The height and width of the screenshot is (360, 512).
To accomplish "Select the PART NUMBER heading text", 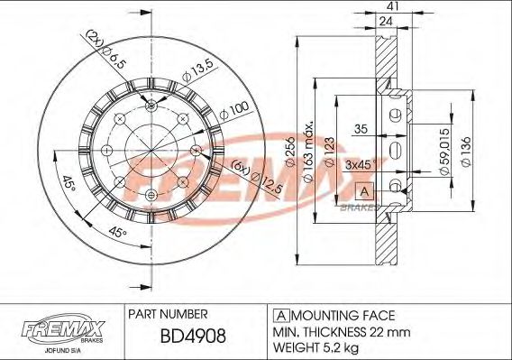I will (169, 314).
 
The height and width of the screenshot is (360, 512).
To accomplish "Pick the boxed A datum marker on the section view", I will (363, 190).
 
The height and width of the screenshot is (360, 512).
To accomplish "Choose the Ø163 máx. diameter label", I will (311, 149).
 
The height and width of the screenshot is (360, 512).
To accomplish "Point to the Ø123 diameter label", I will (333, 151).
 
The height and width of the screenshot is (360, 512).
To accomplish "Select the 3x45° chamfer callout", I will (361, 166).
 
